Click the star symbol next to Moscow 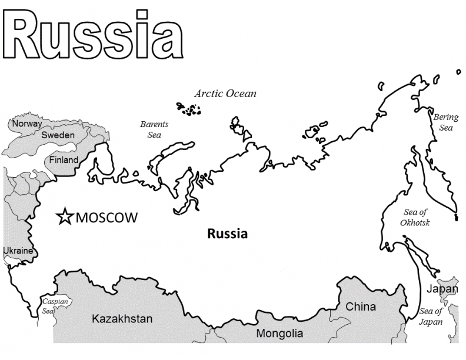point(64,217)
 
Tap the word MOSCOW point(106,218)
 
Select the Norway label point(27,124)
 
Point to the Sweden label point(58,135)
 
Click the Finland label point(64,160)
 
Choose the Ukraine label point(18,251)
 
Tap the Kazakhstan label point(122,319)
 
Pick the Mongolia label point(279,334)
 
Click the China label point(361,306)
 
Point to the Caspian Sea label point(55,306)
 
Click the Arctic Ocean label point(225,94)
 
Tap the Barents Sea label point(154,129)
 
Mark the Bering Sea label point(445,122)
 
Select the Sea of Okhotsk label point(415,218)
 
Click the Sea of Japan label point(430,316)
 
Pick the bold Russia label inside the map point(228,234)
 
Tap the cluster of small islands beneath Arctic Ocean point(189,109)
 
